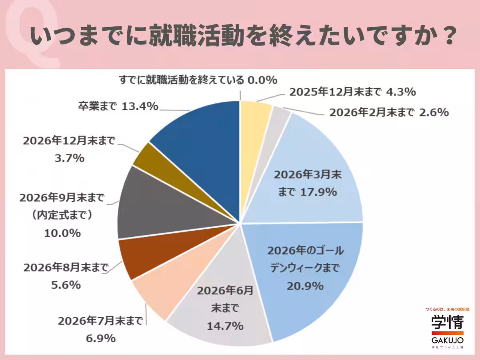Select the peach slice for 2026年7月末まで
[160, 292]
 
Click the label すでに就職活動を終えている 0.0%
[198, 80]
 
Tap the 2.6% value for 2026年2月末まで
[434, 113]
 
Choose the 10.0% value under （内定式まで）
[62, 233]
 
